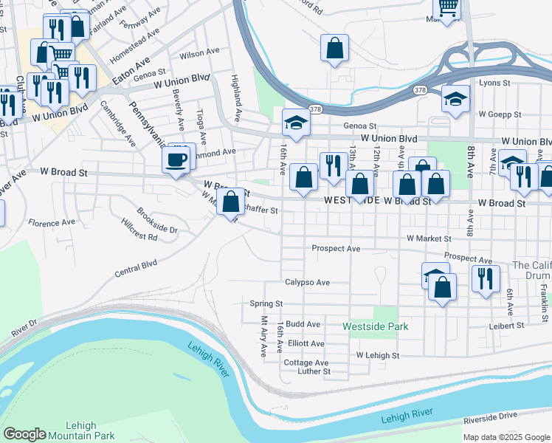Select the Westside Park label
point(376,326)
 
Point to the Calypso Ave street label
point(307,282)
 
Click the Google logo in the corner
point(24,434)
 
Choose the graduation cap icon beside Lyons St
point(456,100)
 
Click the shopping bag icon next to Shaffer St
point(231,200)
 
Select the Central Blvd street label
point(136,267)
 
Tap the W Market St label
point(429,238)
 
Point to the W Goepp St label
point(500,114)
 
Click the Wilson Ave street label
point(200,53)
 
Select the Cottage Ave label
point(306,363)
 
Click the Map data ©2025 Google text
point(506,437)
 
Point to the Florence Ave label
point(52,221)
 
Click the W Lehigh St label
point(377,355)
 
